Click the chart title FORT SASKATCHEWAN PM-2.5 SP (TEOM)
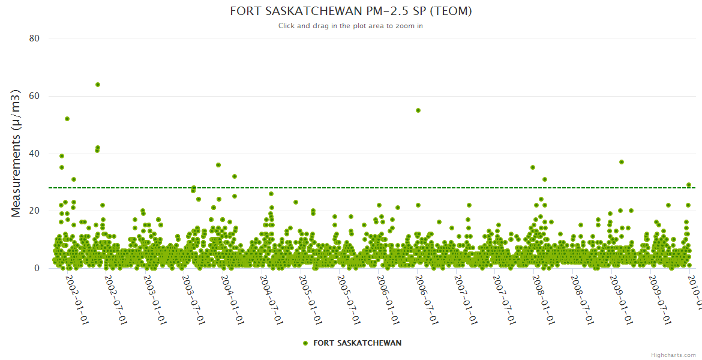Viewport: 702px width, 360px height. click(x=351, y=11)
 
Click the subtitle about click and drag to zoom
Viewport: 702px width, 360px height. click(x=351, y=26)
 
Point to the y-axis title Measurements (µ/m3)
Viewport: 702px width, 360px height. click(x=17, y=153)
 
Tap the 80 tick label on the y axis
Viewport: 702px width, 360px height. click(x=34, y=38)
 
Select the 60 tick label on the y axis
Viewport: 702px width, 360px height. click(x=34, y=96)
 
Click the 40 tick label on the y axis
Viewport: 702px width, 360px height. click(x=34, y=154)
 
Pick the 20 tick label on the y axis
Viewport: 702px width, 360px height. click(x=34, y=211)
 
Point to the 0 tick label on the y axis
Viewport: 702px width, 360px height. click(x=37, y=268)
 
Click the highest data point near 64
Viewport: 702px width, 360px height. click(x=98, y=85)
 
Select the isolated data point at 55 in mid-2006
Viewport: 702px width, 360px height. click(x=418, y=110)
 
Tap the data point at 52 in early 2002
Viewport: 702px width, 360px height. click(x=67, y=119)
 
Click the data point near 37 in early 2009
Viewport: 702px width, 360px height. click(x=622, y=162)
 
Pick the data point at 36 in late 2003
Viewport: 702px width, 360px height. click(x=218, y=165)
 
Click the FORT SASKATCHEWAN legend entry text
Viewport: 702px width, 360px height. click(x=358, y=343)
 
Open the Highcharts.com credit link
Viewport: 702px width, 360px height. click(x=674, y=355)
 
